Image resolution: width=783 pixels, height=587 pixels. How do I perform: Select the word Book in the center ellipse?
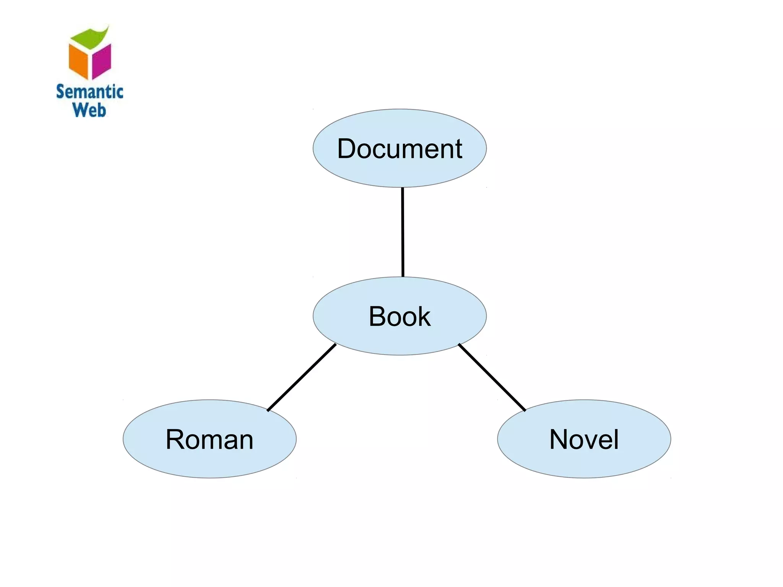tap(400, 316)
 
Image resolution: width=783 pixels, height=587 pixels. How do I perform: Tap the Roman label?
tap(210, 439)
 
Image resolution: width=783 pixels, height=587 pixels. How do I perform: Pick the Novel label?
tap(584, 439)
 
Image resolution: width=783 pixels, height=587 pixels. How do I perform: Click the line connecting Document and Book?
tap(403, 232)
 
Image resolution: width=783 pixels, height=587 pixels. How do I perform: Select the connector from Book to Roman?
tap(302, 377)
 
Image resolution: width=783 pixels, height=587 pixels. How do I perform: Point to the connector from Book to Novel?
tap(492, 377)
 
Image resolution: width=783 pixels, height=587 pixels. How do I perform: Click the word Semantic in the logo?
tap(89, 92)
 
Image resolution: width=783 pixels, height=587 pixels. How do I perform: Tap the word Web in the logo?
tap(89, 110)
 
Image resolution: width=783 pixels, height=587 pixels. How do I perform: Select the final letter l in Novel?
tap(616, 439)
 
